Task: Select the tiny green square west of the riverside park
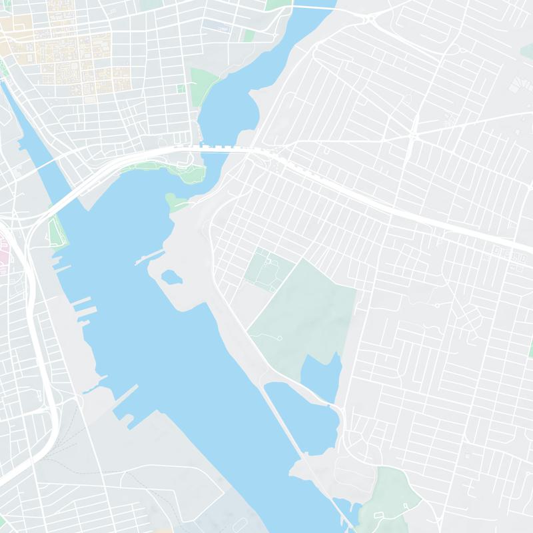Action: click(179, 88)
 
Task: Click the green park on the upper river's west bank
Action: click(204, 83)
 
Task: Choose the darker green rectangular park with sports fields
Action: click(268, 268)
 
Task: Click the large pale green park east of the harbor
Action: click(306, 313)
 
